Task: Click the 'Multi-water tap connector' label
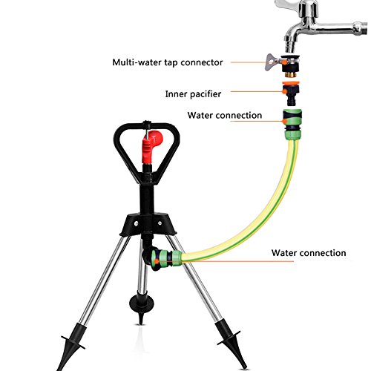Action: point(168,62)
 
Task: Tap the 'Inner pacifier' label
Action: point(193,94)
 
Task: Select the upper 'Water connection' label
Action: point(225,115)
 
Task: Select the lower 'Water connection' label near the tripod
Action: point(309,253)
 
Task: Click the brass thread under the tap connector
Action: point(291,73)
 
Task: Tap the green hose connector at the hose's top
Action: point(292,124)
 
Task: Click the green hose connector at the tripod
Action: point(166,258)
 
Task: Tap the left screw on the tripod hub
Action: point(136,223)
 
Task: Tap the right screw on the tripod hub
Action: point(160,223)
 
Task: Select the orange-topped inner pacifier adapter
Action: point(292,93)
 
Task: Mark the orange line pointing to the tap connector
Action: point(257,62)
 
